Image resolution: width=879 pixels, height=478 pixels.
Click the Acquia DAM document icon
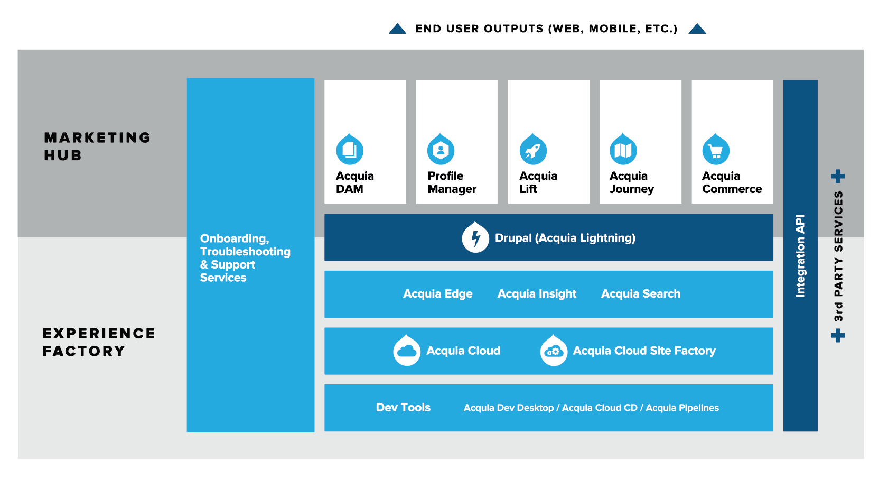[350, 150]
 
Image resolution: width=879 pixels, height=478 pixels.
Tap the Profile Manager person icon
[441, 150]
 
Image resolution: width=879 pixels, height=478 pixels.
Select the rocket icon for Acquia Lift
[533, 150]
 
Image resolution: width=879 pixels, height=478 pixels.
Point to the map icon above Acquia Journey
[623, 150]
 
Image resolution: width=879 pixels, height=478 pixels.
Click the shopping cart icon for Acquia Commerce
[716, 151]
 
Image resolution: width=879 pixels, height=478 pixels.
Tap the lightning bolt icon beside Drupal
[475, 238]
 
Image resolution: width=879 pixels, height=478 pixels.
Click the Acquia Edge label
[437, 294]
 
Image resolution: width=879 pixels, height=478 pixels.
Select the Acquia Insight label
[537, 294]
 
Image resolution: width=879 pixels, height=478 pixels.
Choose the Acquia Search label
[640, 294]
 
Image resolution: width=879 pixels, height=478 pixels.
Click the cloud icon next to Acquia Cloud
[407, 351]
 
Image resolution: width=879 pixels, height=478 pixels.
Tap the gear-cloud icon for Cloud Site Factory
[554, 351]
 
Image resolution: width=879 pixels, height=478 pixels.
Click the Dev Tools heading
[403, 408]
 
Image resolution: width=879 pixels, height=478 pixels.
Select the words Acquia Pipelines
[682, 408]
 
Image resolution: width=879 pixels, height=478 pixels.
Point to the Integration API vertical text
[800, 256]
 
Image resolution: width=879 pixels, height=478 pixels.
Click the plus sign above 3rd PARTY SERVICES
[838, 176]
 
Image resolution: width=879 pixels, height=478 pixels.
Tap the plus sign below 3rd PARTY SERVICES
[838, 335]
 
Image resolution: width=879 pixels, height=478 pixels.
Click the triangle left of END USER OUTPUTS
[397, 29]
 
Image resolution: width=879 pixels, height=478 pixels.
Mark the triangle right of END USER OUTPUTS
[697, 29]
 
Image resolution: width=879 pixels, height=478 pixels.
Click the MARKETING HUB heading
[97, 146]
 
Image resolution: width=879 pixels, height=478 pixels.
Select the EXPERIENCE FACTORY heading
[99, 342]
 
